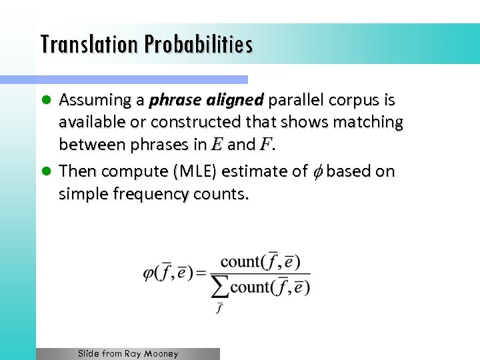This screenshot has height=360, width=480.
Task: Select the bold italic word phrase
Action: pyautogui.click(x=174, y=101)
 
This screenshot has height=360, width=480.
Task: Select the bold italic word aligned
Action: pyautogui.click(x=235, y=101)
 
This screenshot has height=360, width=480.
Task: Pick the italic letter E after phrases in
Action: pyautogui.click(x=217, y=145)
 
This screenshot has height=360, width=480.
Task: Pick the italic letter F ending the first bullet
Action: pyautogui.click(x=266, y=145)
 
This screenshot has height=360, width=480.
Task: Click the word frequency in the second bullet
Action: pyautogui.click(x=143, y=195)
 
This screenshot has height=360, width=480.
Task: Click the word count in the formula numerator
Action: pyautogui.click(x=241, y=261)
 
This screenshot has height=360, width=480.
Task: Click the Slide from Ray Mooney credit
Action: pyautogui.click(x=128, y=354)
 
